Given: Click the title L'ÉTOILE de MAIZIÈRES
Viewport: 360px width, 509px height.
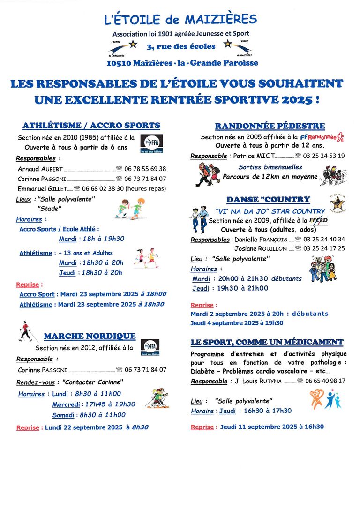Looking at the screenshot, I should [180, 20].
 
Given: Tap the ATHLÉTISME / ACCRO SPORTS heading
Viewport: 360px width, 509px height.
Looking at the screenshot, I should [91, 126].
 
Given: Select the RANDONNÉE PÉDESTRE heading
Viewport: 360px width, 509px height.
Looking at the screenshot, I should [270, 126].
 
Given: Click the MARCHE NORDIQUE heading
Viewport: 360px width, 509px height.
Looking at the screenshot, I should [90, 336].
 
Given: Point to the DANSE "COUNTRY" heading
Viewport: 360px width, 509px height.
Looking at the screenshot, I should [268, 200].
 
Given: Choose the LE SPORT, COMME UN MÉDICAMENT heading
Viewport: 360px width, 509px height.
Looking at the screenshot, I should [267, 342].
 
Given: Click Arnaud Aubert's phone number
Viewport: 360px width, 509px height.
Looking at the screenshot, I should [145, 169].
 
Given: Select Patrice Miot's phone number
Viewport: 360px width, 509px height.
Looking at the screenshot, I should [324, 156].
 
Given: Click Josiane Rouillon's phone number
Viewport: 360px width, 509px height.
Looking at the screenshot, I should [324, 248].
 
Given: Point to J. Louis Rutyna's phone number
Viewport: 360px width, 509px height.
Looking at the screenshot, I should [325, 381].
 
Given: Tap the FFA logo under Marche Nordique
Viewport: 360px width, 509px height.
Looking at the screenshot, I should [150, 346].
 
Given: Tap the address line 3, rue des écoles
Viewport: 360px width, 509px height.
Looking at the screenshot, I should [180, 46].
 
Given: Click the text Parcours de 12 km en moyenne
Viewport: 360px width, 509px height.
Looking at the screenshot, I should [270, 177].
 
